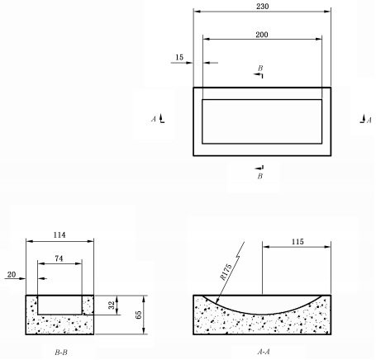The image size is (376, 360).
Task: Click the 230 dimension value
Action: pos(262,7)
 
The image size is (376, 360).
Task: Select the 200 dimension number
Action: pos(262,35)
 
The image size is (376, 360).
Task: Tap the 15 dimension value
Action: pos(179,57)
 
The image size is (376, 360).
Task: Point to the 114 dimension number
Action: pos(59,235)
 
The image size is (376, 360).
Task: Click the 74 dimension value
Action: pos(59,258)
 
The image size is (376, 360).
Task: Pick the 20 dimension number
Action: pos(12,275)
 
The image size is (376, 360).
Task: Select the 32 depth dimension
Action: pos(112,305)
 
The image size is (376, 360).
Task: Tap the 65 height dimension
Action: pos(138,315)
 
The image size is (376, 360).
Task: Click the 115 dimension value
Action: pos(297,242)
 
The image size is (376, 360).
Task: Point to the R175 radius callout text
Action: pos(226,272)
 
